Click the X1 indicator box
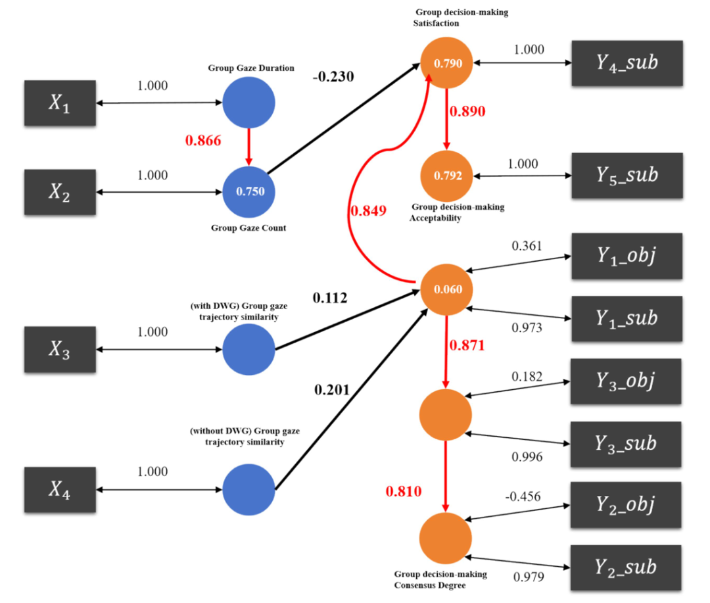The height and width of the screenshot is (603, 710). click(x=60, y=103)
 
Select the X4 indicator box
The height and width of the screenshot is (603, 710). click(x=60, y=490)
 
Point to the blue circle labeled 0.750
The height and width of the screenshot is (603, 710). click(x=248, y=192)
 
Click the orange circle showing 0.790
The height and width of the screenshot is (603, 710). click(x=447, y=64)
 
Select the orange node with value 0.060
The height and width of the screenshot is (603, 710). click(x=446, y=289)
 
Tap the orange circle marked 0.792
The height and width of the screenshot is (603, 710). click(x=447, y=176)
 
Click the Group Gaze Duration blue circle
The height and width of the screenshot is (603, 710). click(x=248, y=103)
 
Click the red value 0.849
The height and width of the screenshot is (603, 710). click(x=369, y=211)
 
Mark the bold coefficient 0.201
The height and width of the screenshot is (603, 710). click(x=333, y=391)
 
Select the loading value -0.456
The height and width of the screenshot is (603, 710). click(x=523, y=496)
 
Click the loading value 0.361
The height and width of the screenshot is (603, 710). click(x=527, y=246)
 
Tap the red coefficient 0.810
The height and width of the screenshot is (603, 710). click(x=403, y=491)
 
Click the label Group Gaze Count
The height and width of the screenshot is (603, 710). click(x=248, y=228)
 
